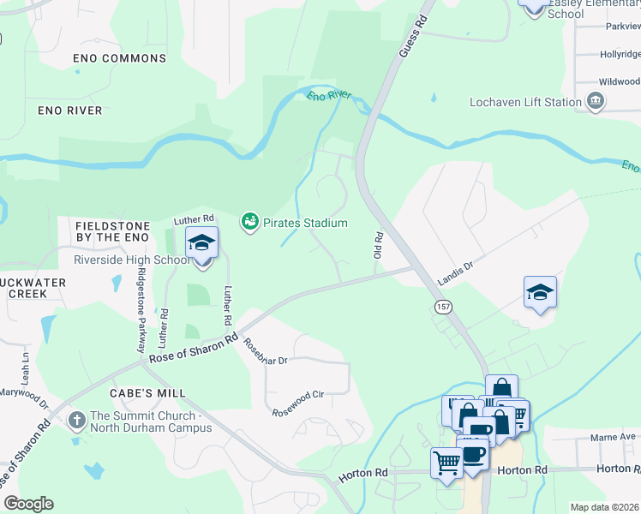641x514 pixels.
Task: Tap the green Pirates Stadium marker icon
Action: coord(250,223)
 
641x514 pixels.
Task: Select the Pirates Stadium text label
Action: coord(305,224)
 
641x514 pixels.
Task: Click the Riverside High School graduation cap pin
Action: coord(201,243)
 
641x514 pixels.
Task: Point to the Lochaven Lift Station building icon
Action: coord(596,102)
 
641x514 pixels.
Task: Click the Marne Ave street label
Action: coord(612,437)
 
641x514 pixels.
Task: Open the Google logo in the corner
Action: coord(28,504)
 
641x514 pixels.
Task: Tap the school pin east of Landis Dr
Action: coord(541,293)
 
